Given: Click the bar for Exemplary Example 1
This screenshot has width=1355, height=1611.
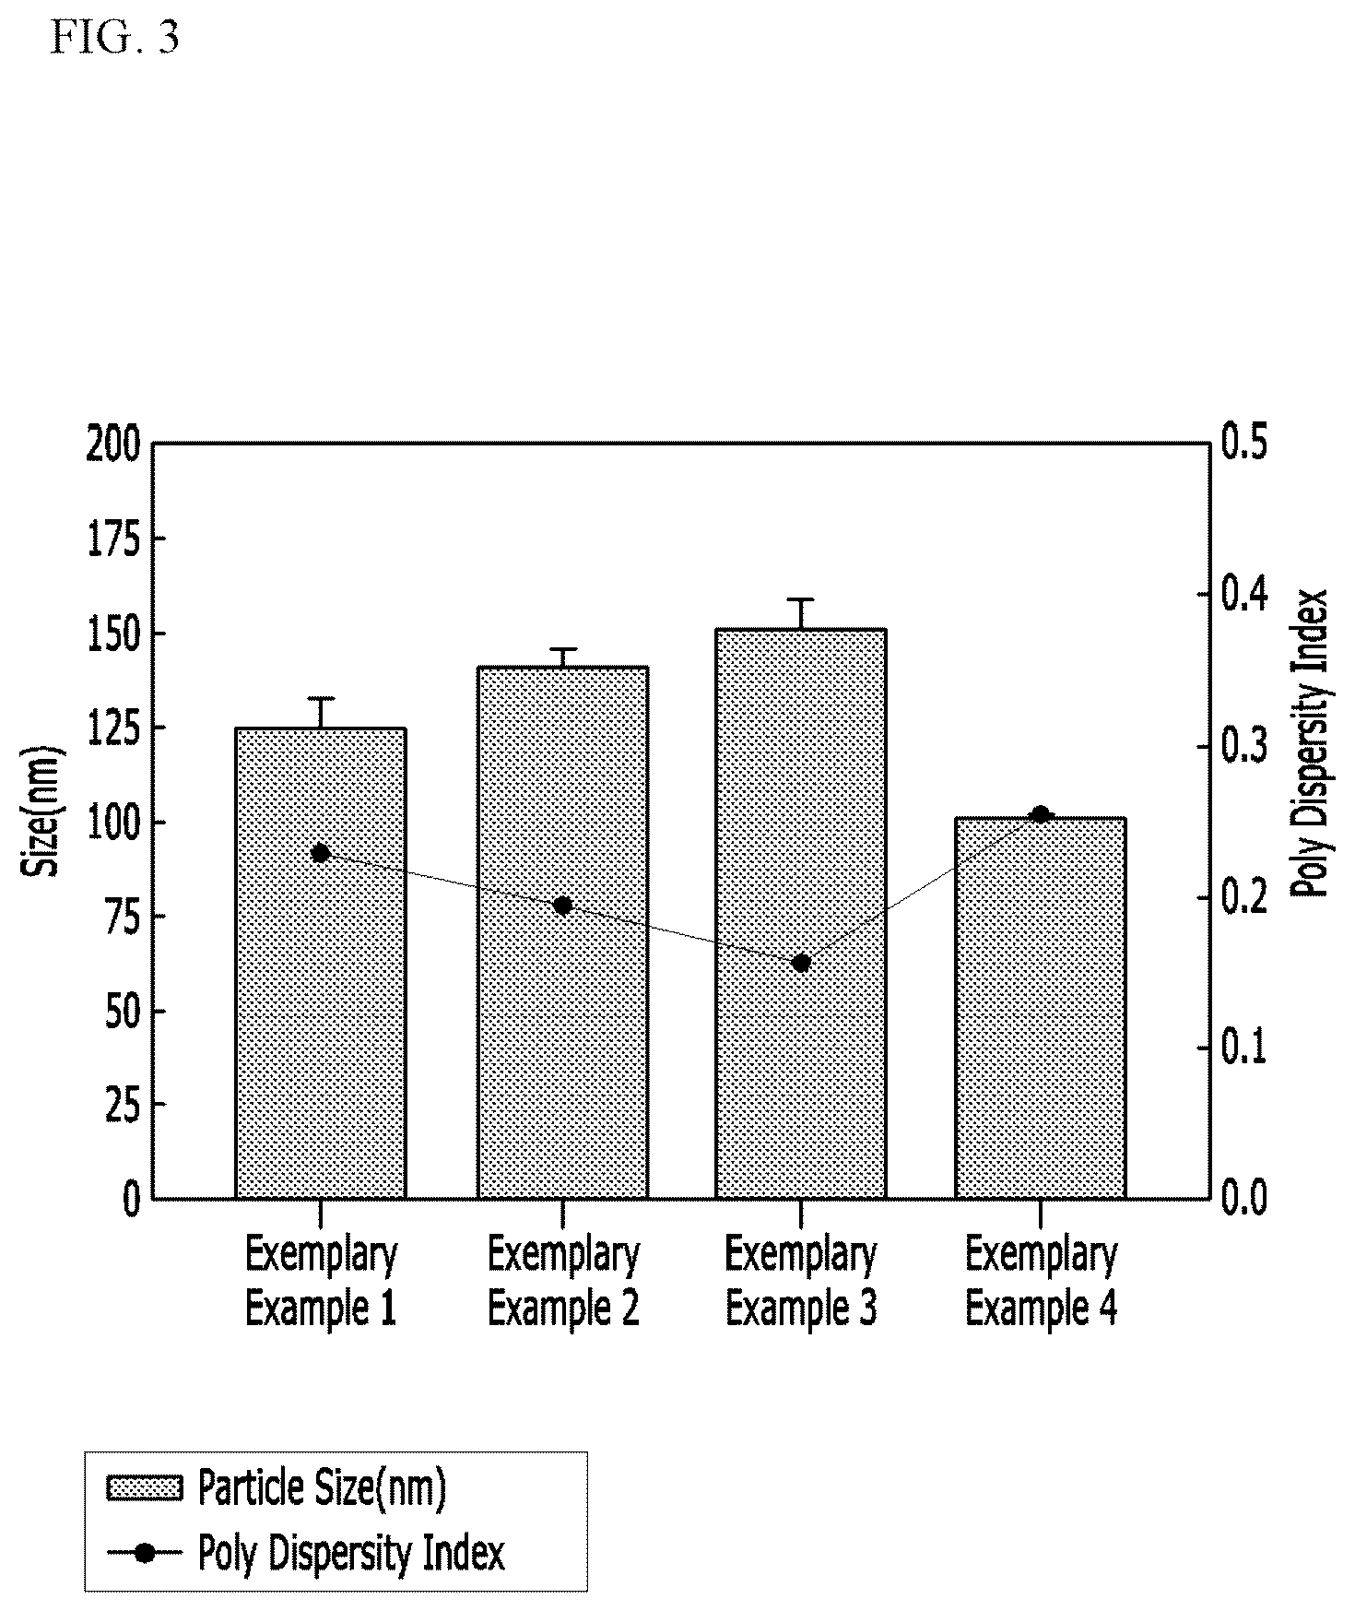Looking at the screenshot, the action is [321, 963].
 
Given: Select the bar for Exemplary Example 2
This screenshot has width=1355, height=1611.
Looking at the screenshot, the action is [562, 932].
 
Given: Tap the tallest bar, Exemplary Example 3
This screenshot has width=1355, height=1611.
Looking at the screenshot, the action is [801, 914].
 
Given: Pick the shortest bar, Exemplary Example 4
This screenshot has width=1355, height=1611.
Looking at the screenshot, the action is [1041, 1008].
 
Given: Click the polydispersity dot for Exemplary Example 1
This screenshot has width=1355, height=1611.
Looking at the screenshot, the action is [321, 853].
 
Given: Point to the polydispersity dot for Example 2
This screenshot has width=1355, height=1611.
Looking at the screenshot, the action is [562, 906].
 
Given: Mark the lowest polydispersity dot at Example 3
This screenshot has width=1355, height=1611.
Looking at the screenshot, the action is [801, 964].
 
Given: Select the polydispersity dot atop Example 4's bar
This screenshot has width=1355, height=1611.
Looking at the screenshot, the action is [1041, 814].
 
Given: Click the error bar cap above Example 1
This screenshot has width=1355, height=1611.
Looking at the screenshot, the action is [321, 698].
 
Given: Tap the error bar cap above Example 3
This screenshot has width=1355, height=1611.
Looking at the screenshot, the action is [801, 599].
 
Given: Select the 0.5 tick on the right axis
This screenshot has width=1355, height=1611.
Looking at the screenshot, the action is [1243, 443].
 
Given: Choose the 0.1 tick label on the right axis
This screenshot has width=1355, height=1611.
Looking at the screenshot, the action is [1243, 1048].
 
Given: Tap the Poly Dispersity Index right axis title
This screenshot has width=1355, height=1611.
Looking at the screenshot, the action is [1308, 743].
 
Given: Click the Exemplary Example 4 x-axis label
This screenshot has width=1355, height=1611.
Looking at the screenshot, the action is [1042, 1282].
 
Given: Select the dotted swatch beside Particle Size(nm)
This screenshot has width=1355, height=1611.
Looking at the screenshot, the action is [145, 1489].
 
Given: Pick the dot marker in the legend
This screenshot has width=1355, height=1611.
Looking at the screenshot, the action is [145, 1554].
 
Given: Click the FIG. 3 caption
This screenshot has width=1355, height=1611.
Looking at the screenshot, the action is [115, 39].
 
